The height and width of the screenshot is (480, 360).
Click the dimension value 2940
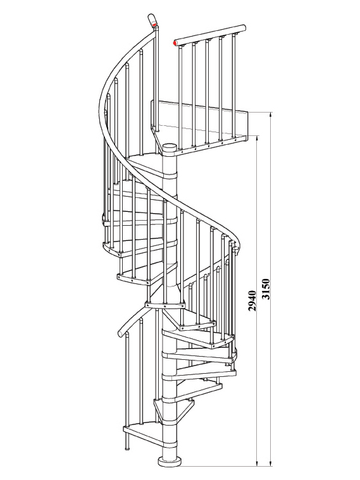[252, 301]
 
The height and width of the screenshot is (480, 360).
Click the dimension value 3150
[266, 288]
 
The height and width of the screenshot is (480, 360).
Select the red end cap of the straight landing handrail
[175, 43]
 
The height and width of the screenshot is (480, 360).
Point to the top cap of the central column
[170, 147]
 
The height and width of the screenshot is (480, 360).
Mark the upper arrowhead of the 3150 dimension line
[270, 115]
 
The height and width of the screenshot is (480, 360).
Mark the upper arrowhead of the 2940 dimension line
[257, 138]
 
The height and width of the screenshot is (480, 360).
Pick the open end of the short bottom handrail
[121, 333]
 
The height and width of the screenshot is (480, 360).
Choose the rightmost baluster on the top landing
[234, 87]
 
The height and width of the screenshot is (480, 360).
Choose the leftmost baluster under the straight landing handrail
[181, 98]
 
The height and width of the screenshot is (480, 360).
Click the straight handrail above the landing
[210, 35]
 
